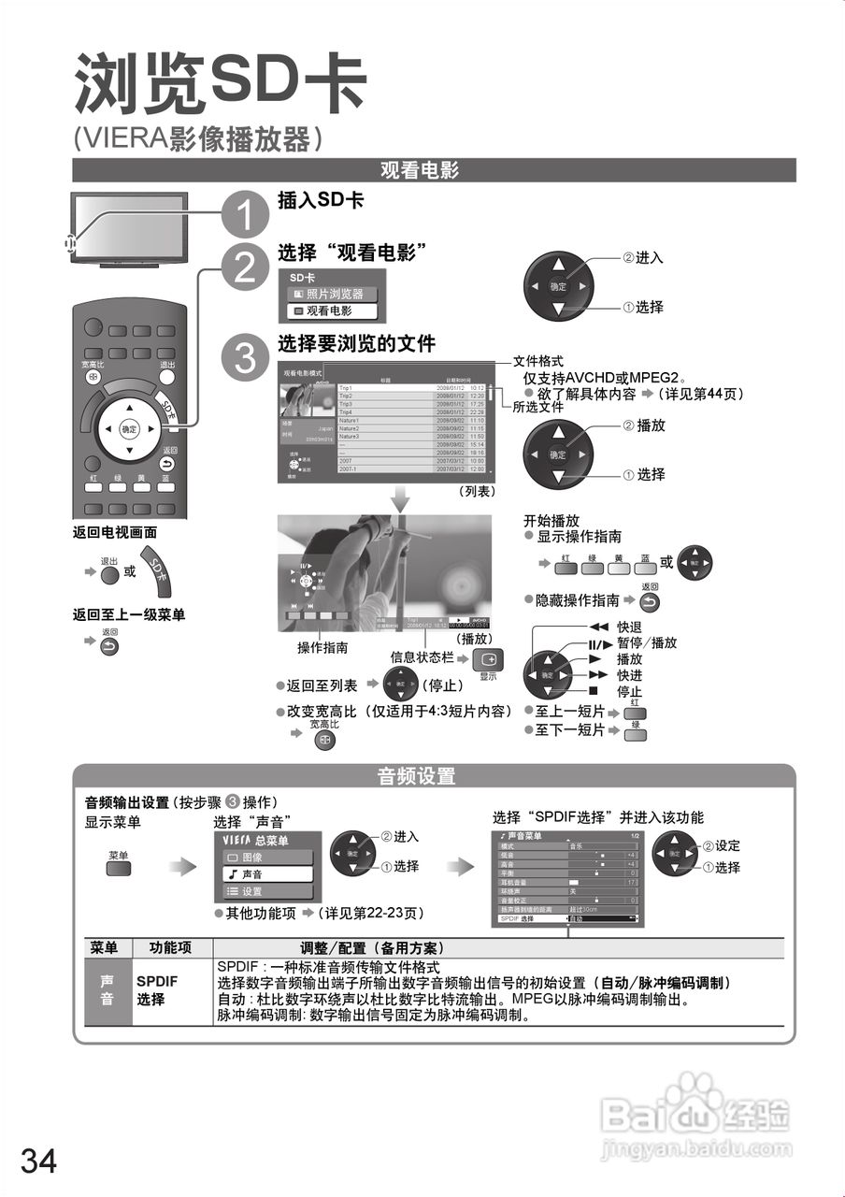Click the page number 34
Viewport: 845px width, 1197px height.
tap(38, 1161)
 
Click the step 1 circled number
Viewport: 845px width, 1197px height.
tap(244, 213)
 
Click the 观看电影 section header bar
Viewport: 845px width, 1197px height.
tap(434, 170)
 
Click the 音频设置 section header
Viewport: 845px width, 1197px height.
tap(434, 775)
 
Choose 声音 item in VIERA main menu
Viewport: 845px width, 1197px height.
tap(266, 873)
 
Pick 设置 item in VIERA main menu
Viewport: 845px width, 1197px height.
tap(266, 891)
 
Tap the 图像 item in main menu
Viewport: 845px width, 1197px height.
tap(266, 857)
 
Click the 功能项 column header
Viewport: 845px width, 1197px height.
tap(172, 947)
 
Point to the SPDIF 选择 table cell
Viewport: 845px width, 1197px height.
tap(157, 991)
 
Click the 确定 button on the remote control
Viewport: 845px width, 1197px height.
tap(129, 429)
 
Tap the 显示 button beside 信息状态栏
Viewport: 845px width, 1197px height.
tap(488, 658)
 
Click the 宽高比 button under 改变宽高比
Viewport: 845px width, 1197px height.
tap(324, 738)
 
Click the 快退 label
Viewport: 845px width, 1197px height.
tap(629, 627)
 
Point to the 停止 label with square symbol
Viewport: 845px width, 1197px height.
tap(629, 692)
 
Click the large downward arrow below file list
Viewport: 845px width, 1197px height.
tap(400, 498)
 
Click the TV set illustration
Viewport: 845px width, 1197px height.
tap(130, 227)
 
